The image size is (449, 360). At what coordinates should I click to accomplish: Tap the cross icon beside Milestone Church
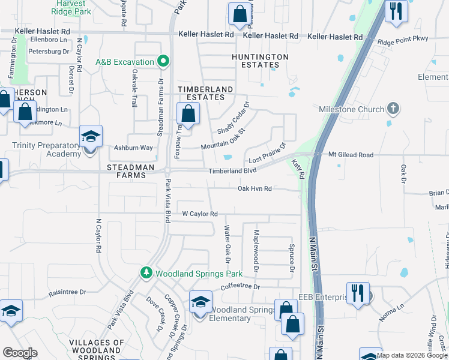click(393, 109)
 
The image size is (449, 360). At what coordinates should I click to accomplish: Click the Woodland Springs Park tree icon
click(146, 274)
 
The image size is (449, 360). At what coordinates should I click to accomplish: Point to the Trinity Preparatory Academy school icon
click(91, 137)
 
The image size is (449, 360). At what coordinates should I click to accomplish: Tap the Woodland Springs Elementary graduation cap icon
click(200, 302)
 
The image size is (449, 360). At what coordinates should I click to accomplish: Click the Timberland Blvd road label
click(232, 171)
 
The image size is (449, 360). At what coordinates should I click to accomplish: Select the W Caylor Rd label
click(199, 214)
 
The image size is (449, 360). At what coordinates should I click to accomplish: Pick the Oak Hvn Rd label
click(255, 188)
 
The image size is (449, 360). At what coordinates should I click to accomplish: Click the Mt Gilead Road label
click(351, 155)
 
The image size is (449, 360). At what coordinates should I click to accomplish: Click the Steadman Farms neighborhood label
click(126, 171)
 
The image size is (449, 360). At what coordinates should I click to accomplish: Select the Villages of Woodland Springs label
click(97, 347)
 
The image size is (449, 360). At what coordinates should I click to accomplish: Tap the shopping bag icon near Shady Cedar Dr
click(188, 113)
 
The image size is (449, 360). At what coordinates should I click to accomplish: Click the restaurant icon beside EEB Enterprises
click(358, 293)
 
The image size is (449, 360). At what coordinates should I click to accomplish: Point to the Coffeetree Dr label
click(240, 287)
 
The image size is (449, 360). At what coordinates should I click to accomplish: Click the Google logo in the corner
click(20, 353)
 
